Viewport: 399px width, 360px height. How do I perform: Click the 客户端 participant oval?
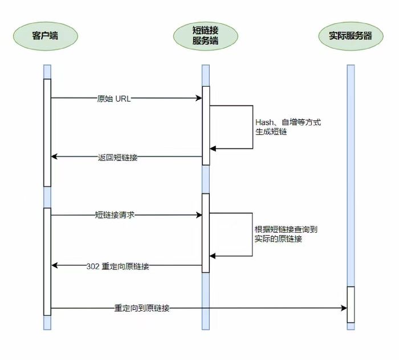tap(46, 36)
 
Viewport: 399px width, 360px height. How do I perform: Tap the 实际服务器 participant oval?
tap(351, 36)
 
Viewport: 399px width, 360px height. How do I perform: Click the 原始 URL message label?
tap(114, 98)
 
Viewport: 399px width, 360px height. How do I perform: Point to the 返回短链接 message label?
tap(117, 157)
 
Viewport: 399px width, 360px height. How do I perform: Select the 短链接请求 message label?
tap(115, 215)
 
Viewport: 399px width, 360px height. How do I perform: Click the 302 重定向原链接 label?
tap(117, 266)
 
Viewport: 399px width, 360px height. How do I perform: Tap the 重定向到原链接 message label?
tap(141, 308)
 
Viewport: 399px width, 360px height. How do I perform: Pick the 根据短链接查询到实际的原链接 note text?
tap(286, 234)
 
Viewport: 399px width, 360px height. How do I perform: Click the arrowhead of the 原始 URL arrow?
tap(199, 98)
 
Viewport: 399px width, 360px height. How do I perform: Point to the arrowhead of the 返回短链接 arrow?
tap(54, 157)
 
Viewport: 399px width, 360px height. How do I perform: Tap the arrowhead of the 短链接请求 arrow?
tap(199, 215)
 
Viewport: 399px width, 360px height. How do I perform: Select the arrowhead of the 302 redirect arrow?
tap(54, 265)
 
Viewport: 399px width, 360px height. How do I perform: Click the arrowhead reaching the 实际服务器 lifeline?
tap(344, 308)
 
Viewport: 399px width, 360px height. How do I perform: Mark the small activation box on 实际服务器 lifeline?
tap(351, 304)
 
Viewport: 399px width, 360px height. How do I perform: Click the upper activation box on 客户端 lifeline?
tap(47, 132)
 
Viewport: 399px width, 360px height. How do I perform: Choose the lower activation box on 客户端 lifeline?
tap(47, 261)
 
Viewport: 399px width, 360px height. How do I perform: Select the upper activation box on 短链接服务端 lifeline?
tap(206, 126)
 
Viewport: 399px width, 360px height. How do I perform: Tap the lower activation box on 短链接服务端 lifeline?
tap(206, 233)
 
